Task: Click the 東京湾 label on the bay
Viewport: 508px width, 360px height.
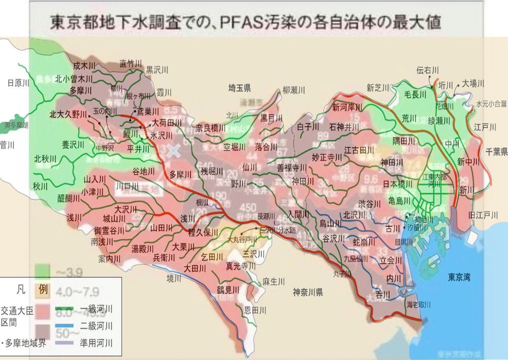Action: point(459,277)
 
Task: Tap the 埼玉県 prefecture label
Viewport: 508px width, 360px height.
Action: point(240,87)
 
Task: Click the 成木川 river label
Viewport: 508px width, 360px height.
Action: point(84,66)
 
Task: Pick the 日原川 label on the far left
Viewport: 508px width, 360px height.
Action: point(18,83)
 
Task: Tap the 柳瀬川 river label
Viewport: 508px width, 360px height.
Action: point(294,90)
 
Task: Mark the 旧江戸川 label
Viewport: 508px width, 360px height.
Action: point(483,215)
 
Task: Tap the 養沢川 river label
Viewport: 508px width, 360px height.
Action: point(73,145)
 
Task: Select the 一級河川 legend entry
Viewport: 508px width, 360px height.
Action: point(96,309)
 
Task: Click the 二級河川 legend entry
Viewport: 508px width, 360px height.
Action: point(96,325)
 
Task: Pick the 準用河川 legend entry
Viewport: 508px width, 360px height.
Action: point(96,343)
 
